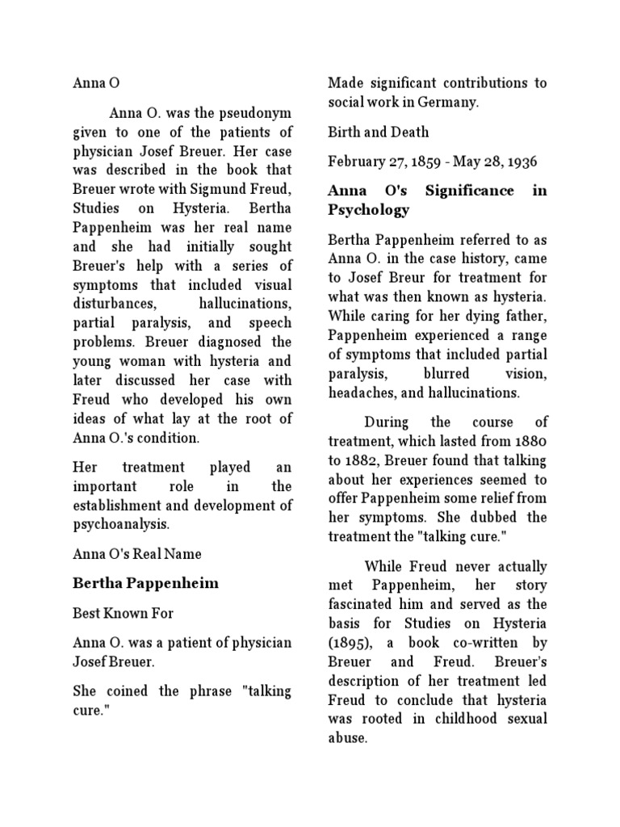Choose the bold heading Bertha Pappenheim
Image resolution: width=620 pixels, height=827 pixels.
click(146, 583)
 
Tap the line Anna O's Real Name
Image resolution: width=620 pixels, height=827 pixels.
click(137, 553)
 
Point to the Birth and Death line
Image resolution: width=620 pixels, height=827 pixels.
click(378, 132)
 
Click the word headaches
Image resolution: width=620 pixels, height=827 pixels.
click(363, 393)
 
